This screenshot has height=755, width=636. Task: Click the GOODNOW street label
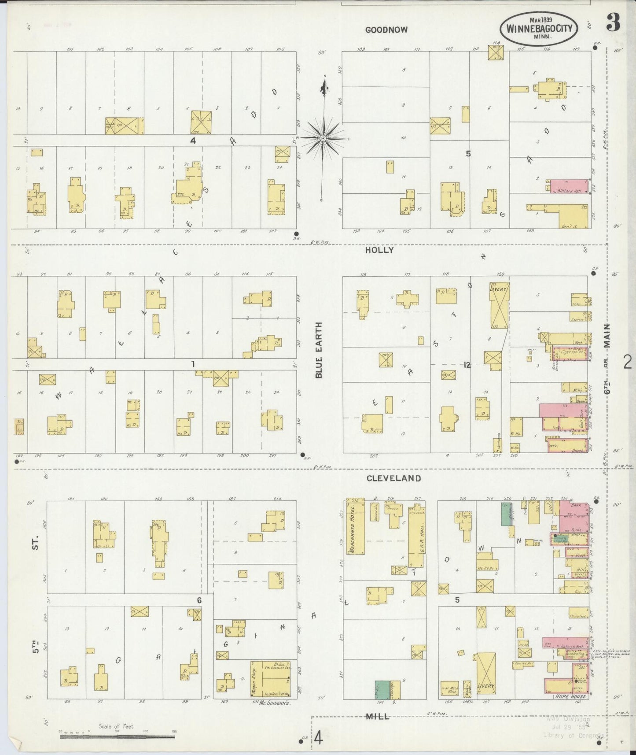coord(386,30)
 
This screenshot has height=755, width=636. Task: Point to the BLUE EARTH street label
coord(319,350)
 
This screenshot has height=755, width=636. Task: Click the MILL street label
coord(377,717)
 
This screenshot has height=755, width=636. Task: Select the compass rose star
coord(324,138)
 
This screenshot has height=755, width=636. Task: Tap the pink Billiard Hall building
coord(569,186)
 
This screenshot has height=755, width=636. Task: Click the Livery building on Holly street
coord(499,306)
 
